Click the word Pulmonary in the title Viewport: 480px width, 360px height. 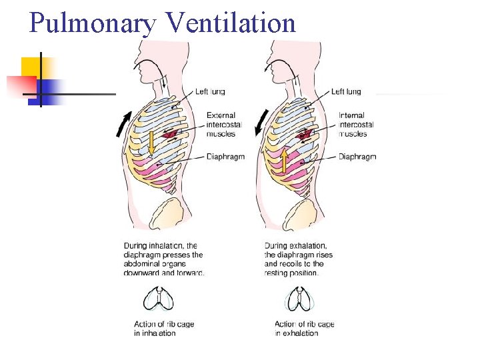click(93, 23)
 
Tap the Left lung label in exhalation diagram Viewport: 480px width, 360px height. click(347, 91)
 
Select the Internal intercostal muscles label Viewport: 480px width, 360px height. click(356, 125)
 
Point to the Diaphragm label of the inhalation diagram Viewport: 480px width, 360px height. click(225, 157)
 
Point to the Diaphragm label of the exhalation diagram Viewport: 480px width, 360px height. click(357, 157)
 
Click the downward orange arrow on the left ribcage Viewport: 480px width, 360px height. click(151, 141)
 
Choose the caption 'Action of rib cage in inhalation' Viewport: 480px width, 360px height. click(163, 329)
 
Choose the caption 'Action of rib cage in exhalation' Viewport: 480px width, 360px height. click(304, 329)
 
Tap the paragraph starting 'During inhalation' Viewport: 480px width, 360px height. click(163, 259)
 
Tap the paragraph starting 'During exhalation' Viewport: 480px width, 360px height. click(298, 259)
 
